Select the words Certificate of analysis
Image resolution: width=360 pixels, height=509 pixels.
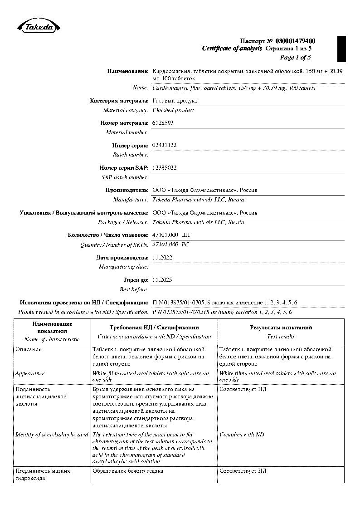pos(232,49)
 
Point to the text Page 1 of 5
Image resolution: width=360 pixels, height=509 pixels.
pos(295,57)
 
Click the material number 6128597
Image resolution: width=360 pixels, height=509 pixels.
pos(163,123)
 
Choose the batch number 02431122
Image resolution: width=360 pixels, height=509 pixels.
pos(165,145)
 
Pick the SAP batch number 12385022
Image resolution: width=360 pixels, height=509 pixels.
pos(165,167)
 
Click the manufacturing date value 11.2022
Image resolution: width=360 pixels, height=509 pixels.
pos(162,257)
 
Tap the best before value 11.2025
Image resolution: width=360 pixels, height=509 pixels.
pos(162,280)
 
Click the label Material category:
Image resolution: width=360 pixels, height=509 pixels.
pos(126,110)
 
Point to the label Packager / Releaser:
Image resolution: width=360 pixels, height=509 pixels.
pos(123,222)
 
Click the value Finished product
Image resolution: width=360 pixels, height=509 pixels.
pos(173,110)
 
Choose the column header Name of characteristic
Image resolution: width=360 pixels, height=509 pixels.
pos(52,339)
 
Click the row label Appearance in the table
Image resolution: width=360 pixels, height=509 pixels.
pos(30,373)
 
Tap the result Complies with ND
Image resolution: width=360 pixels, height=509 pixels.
pos(242,435)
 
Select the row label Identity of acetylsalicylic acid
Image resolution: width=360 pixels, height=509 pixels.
pos(52,435)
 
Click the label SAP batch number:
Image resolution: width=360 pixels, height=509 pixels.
pos(125,177)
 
